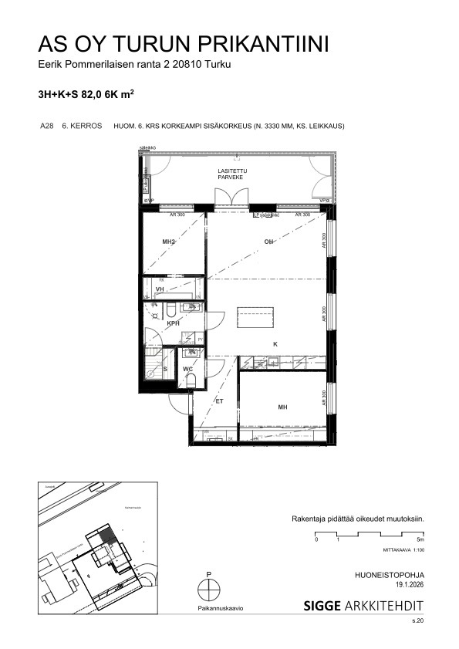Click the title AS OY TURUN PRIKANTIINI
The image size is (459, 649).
click(x=184, y=44)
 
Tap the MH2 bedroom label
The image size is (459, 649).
click(x=170, y=242)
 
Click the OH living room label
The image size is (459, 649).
click(x=269, y=242)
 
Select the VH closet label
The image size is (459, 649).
click(x=160, y=289)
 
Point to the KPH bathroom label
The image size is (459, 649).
click(x=173, y=323)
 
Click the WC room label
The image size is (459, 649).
click(x=187, y=369)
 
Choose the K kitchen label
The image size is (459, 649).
click(x=274, y=344)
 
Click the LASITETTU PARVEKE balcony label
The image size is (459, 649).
click(x=231, y=174)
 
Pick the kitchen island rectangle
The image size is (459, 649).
click(x=255, y=318)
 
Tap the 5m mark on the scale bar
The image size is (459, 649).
click(x=420, y=540)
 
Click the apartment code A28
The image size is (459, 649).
click(x=46, y=126)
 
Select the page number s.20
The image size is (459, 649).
click(x=417, y=620)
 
